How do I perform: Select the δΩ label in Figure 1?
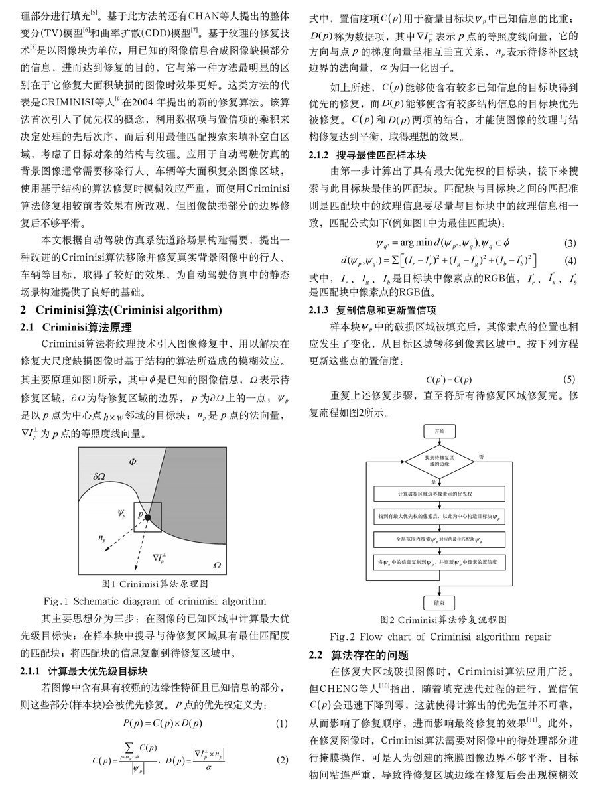click(102, 475)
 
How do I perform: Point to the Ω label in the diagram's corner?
click(216, 564)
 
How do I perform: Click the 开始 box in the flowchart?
click(440, 431)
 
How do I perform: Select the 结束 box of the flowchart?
click(439, 602)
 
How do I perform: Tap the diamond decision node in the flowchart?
click(440, 462)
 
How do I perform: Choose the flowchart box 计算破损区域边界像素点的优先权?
click(439, 494)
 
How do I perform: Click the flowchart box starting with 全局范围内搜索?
click(439, 538)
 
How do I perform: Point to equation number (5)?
click(568, 379)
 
